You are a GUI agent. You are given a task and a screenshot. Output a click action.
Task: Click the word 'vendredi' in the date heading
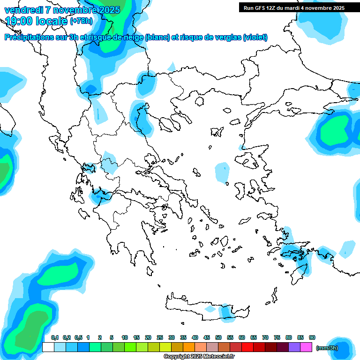pos(24,10)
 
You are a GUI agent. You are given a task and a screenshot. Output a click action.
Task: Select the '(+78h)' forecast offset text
pos(81,21)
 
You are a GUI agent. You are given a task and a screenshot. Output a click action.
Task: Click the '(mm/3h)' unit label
pos(327,348)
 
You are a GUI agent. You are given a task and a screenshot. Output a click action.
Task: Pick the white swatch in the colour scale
pos(48,347)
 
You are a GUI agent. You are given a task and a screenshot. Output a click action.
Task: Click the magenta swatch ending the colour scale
pos(307,347)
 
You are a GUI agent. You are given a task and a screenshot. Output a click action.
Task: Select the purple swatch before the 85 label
pos(294,347)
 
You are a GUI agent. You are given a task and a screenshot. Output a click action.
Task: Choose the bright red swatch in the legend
pos(236,347)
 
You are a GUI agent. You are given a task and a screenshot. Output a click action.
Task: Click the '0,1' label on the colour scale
pos(55,338)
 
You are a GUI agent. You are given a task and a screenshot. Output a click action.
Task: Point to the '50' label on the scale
pos(218,338)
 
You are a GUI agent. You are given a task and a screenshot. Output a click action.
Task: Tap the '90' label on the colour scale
pos(312,338)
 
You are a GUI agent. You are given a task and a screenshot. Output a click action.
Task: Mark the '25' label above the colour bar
pos(160,338)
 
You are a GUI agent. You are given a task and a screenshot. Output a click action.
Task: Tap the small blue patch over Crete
pos(226,311)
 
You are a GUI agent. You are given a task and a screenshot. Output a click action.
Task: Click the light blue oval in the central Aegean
pos(222,172)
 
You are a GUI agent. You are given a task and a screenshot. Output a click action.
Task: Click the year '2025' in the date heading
pos(105,10)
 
